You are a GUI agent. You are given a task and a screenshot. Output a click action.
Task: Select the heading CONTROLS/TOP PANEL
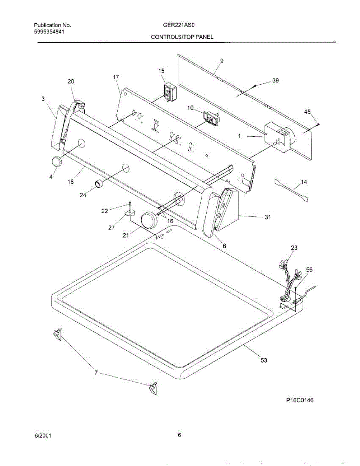(182, 37)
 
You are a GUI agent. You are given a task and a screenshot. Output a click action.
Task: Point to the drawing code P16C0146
(297, 400)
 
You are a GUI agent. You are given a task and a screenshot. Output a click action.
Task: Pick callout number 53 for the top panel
(264, 360)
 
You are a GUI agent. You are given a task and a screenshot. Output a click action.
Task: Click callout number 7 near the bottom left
(96, 373)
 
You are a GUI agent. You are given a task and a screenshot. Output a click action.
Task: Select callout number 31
(268, 217)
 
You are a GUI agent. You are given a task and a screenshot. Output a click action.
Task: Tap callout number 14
(304, 182)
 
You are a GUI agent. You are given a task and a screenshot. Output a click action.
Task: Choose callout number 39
(275, 80)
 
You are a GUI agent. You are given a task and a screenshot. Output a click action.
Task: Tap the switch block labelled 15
(169, 92)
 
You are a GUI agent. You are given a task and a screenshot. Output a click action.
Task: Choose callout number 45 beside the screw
(307, 112)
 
